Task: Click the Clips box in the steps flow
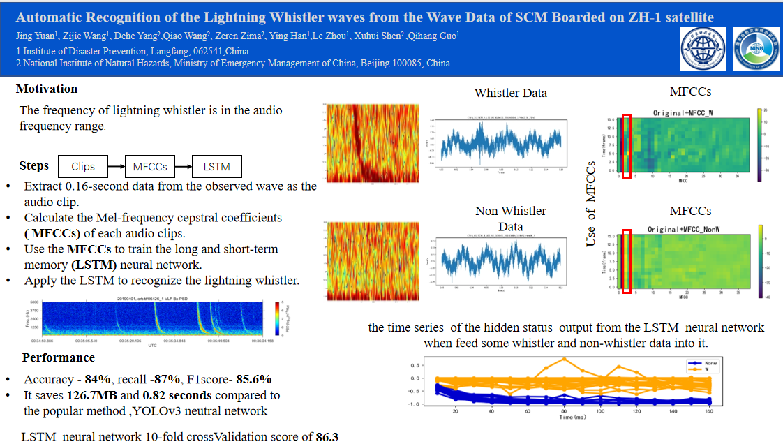[83, 168]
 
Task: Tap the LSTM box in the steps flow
[216, 167]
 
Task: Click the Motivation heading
[47, 89]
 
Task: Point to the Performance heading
[59, 358]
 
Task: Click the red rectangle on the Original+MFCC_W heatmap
[627, 146]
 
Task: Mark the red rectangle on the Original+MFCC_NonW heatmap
[627, 261]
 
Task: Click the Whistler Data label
[510, 93]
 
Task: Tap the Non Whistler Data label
[510, 219]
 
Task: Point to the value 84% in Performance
[98, 380]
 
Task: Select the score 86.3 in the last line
[327, 438]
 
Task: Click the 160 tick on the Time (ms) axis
[708, 413]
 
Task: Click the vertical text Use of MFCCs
[591, 203]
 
